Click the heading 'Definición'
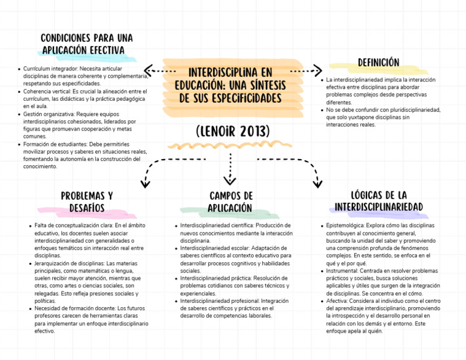378,63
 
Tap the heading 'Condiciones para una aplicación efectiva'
86,44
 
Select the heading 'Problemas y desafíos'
86,202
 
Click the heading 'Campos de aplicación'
231,202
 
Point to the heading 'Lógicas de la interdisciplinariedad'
379,201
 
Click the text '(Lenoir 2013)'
233,132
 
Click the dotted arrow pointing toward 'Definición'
306,70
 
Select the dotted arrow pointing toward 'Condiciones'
159,70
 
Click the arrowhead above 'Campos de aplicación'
230,180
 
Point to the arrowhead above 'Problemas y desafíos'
146,182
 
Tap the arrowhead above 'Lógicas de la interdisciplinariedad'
317,182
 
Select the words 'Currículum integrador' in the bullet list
46,70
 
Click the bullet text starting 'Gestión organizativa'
79,126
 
